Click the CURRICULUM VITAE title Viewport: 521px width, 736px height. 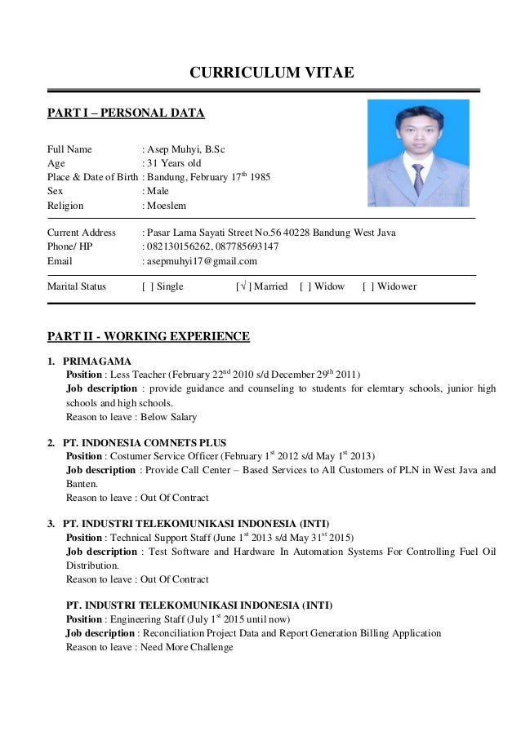[x=271, y=73]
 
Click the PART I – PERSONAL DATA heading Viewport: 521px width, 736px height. [x=126, y=113]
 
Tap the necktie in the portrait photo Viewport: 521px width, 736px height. [x=417, y=179]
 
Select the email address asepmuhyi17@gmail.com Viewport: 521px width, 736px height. [x=202, y=261]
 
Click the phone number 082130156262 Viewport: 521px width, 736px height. [x=176, y=246]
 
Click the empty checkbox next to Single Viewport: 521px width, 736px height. [x=147, y=286]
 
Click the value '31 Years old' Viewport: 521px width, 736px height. [x=174, y=162]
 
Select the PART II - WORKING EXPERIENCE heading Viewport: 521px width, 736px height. [x=148, y=336]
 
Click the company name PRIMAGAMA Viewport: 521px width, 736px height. [x=96, y=361]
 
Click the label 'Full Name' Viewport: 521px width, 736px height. [x=69, y=149]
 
